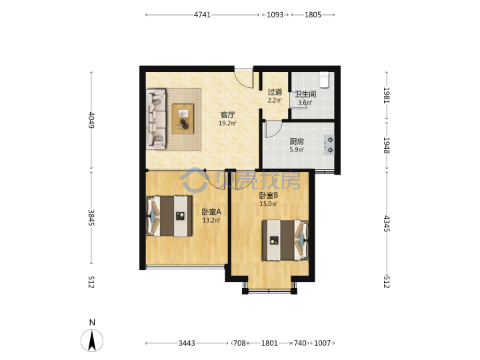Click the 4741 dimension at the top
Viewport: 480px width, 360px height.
tap(203, 15)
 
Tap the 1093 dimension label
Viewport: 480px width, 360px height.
tap(275, 15)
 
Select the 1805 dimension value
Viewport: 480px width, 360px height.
tap(313, 15)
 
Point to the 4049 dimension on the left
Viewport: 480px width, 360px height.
tap(91, 120)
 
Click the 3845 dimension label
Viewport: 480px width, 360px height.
tap(91, 217)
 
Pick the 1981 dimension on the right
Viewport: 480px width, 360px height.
tap(387, 95)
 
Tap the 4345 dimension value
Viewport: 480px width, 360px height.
tap(387, 223)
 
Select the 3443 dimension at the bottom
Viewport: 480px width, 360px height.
tap(187, 343)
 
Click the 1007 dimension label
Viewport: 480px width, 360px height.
tap(323, 343)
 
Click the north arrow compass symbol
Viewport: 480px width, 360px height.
tap(92, 340)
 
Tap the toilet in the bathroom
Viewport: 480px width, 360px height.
tap(324, 79)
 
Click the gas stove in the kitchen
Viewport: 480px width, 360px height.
tap(329, 145)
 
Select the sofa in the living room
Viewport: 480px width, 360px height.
tap(157, 119)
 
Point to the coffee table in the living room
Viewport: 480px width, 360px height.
tap(183, 119)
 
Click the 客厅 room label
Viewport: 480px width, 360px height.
tap(227, 115)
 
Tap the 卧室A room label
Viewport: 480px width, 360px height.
tap(211, 212)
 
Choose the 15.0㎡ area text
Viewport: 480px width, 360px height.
tap(269, 204)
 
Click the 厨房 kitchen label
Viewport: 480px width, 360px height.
tap(297, 141)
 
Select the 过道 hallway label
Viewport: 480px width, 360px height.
tap(275, 92)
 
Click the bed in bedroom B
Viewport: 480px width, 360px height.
tap(285, 240)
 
